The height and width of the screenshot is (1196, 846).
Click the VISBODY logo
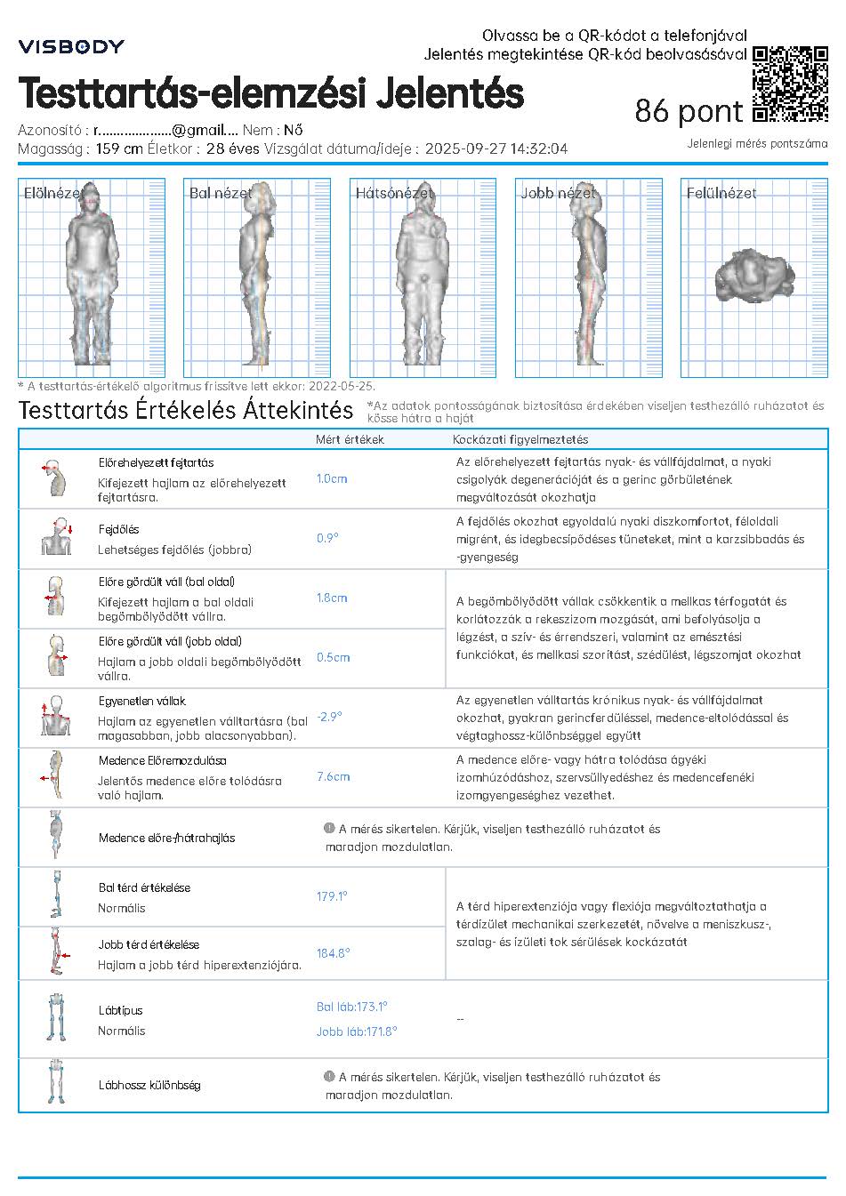coord(71,46)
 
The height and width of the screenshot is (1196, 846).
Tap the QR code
coord(790,83)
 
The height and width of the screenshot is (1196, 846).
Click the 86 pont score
coord(689,111)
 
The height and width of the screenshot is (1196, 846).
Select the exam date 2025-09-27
coord(466,149)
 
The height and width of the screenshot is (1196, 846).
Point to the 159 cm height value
coord(119,149)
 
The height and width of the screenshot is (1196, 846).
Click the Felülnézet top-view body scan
coord(753,276)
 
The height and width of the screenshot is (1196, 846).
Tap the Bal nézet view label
coord(220,193)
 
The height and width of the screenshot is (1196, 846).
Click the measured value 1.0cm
coord(332,478)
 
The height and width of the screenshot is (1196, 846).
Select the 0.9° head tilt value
coord(327,538)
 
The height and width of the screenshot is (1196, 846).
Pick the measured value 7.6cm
coord(333,776)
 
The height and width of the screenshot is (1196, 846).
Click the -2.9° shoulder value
coord(329,717)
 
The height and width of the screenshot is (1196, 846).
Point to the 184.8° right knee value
coord(334,953)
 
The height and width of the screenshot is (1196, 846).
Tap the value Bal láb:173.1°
coord(352,1007)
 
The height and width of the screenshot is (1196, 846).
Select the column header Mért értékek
coord(350,439)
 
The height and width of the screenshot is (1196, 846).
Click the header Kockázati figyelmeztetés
coord(520,439)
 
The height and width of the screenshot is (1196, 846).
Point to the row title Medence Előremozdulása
coord(162,760)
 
